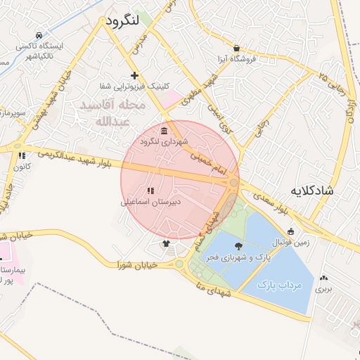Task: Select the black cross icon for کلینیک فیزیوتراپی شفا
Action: point(134,75)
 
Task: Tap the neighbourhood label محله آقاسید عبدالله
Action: point(112,113)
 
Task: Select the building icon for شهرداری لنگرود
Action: point(164,131)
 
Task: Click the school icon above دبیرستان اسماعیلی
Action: point(150,191)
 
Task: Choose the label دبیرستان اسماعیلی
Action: point(150,202)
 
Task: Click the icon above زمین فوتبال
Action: point(291,231)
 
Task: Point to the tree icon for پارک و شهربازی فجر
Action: point(238,246)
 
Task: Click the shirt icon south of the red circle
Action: point(166,244)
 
